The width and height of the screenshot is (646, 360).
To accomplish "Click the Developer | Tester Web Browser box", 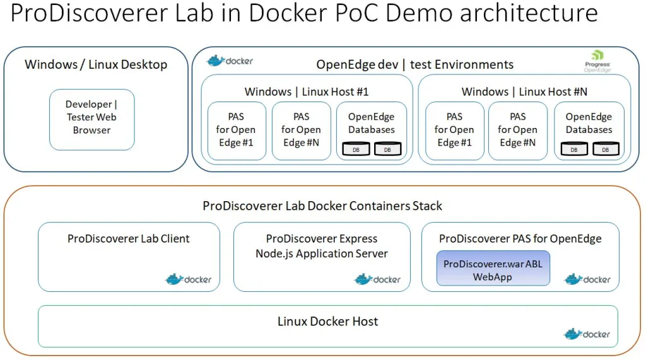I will (x=91, y=118).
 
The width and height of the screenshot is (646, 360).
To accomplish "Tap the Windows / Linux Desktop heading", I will (x=96, y=64).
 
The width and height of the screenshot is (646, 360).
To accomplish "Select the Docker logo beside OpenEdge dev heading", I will (x=230, y=61).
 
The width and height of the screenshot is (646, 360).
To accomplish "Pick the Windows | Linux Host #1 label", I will (x=307, y=91).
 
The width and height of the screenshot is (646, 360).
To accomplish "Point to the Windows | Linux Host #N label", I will (x=524, y=91).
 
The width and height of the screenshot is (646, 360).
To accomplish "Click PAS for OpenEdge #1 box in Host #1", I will (x=236, y=130).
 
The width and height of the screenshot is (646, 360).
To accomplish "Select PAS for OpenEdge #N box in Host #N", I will (x=517, y=130).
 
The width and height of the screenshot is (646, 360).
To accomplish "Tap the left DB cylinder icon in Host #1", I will (x=356, y=149).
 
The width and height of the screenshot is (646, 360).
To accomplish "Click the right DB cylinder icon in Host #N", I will (x=606, y=149).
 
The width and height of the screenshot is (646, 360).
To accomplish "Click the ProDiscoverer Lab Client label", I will (x=129, y=239).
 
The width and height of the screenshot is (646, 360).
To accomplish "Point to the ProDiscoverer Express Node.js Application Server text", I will (x=322, y=247).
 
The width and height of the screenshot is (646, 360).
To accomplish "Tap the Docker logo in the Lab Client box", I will (x=189, y=279).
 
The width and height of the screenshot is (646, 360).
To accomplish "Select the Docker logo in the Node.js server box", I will (x=377, y=279).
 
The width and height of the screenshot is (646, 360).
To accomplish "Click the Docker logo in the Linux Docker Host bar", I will (x=587, y=334).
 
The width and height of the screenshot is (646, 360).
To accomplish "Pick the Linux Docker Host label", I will (x=327, y=322).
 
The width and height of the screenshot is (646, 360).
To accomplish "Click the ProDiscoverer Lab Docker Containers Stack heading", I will (x=322, y=206).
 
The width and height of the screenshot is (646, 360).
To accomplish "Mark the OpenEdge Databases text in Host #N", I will (x=589, y=124).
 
